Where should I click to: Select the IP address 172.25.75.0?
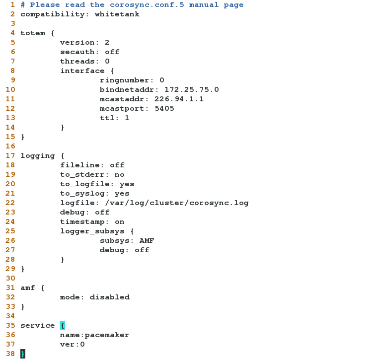(x=191, y=90)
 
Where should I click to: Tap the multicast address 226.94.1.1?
(x=179, y=99)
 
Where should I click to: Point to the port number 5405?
(x=164, y=109)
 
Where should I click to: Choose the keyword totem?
(x=33, y=33)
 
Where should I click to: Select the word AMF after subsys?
(x=147, y=241)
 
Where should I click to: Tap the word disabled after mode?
(x=109, y=297)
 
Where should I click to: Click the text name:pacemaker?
(x=94, y=335)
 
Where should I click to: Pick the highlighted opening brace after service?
(x=63, y=326)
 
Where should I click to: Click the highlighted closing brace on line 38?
(x=22, y=354)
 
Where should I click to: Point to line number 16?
(x=10, y=146)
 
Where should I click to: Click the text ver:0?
(x=73, y=345)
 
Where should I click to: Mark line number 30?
(x=10, y=279)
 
